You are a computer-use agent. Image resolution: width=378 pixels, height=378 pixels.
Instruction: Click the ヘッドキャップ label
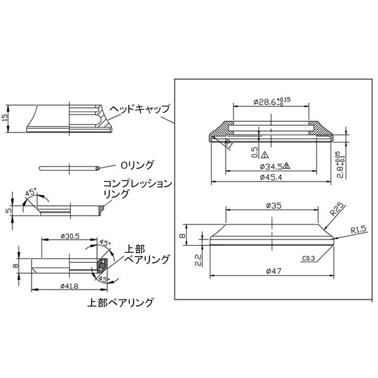[x=141, y=109]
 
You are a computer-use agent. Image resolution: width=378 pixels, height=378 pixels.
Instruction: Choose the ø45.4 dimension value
[x=271, y=177]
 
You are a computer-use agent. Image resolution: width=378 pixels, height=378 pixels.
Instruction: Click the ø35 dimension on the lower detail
[x=275, y=206]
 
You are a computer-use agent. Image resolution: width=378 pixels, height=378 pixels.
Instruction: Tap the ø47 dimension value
[x=273, y=271]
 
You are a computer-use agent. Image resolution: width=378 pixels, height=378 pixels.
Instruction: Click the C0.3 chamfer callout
[x=307, y=258]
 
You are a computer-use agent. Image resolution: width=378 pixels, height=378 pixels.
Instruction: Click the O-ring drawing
[x=70, y=168]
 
